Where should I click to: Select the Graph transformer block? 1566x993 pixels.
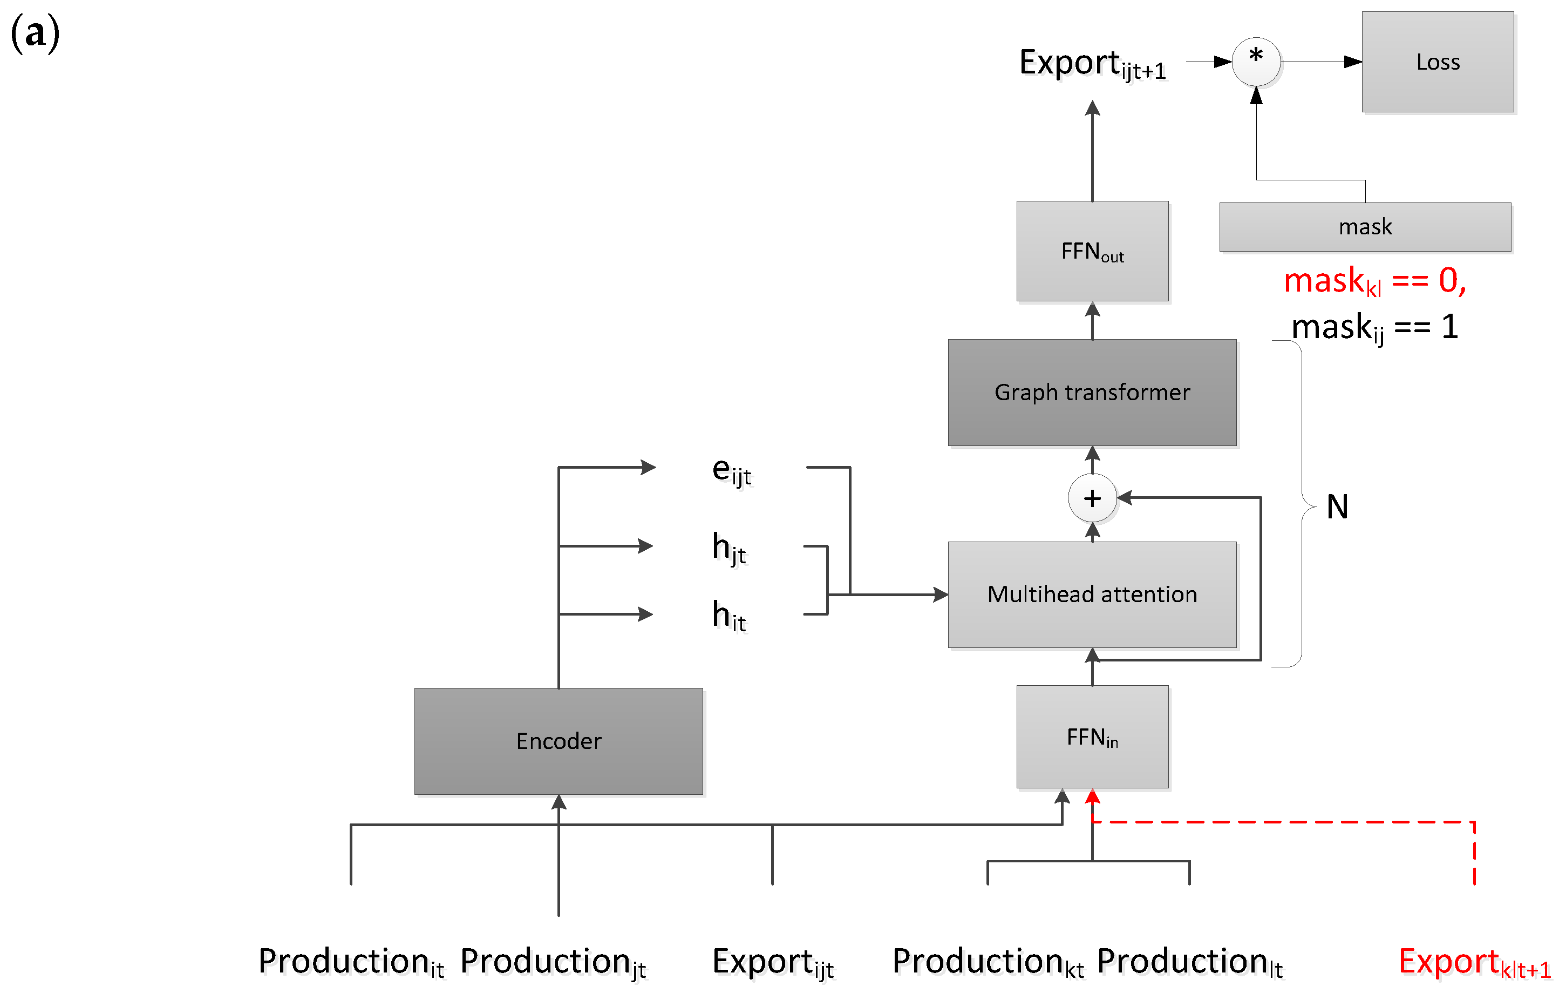tap(1092, 393)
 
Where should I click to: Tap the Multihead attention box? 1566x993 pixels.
tap(1092, 594)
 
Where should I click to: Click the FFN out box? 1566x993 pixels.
tap(1092, 251)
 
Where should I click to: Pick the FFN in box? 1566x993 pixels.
tap(1092, 737)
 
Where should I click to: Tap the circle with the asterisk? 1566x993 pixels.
tap(1256, 61)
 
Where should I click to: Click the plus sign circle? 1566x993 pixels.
tap(1092, 498)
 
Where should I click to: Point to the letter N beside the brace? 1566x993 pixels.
tap(1337, 506)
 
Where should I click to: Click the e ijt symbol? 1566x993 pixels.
tap(731, 470)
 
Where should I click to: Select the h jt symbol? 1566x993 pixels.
tap(729, 548)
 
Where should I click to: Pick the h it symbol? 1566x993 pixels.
tap(729, 615)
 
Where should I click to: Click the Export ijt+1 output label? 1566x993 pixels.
tap(1092, 64)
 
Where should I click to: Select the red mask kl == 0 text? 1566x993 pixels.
tap(1374, 281)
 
